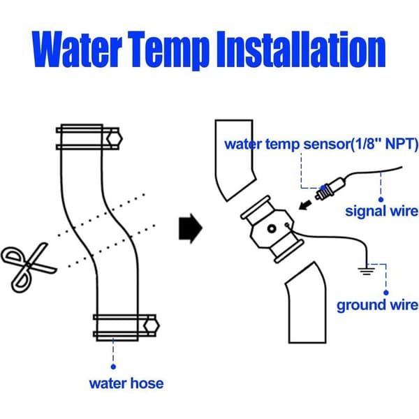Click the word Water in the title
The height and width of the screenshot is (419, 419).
point(77,49)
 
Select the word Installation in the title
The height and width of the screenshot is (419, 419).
point(301,49)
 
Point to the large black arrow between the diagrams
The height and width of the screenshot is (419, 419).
point(190,228)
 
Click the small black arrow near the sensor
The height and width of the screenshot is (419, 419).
point(305,205)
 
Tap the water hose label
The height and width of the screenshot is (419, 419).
point(126,383)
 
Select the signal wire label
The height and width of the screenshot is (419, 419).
point(381,211)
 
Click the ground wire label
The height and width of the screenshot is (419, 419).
point(377,305)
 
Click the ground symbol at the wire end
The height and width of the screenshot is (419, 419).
point(367,270)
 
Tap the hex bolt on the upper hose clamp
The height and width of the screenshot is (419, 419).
point(115,139)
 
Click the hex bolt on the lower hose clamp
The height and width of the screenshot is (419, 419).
point(152,325)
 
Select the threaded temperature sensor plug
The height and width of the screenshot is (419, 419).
point(330,189)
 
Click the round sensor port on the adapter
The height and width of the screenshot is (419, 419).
point(272,229)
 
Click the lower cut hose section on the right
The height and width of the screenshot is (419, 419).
point(307,303)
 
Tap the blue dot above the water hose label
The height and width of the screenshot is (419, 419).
point(113,367)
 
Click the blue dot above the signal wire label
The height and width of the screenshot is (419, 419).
point(381,199)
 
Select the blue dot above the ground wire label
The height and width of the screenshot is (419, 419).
point(386,293)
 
